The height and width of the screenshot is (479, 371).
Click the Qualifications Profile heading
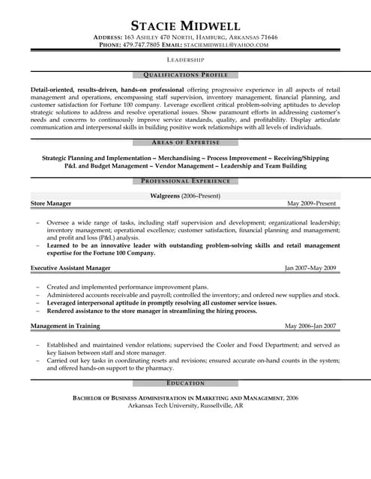(185, 75)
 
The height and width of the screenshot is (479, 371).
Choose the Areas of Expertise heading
(185, 142)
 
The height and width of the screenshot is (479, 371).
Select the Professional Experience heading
(185, 181)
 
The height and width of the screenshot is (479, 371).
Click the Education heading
(185, 382)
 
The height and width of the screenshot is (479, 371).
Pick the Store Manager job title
(50, 204)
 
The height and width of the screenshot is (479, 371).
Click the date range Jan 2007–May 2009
(310, 268)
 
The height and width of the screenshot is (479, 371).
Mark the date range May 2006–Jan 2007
(310, 326)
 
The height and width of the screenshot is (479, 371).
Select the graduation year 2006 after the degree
(292, 397)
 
